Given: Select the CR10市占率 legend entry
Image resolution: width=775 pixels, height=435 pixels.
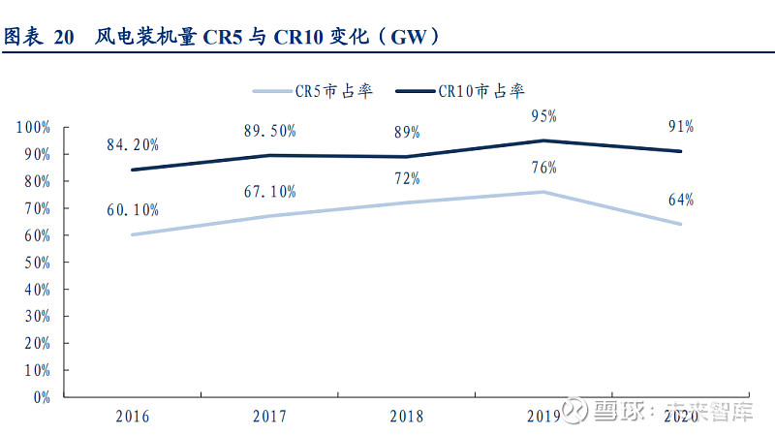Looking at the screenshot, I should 481,91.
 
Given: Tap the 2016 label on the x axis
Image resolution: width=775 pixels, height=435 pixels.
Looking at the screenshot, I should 132,417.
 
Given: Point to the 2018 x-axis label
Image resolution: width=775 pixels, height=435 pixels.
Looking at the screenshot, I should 406,417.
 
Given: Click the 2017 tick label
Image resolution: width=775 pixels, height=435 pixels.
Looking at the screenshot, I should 269,417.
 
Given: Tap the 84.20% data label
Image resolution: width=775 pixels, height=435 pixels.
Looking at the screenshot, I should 132,144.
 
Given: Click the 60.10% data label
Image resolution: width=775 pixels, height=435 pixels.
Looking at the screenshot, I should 132,209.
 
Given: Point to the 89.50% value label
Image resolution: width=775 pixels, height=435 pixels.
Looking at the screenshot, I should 269,131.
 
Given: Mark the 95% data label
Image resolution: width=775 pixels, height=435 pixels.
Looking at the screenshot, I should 543,116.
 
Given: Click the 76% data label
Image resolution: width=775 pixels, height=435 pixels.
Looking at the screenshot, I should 543,168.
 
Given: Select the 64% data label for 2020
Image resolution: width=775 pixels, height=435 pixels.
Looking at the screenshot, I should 680,200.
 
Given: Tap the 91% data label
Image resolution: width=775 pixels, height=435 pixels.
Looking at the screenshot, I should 680,127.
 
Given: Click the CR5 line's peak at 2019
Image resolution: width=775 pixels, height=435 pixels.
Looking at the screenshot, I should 543,192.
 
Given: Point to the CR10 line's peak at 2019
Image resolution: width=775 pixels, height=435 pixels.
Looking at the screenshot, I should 543,140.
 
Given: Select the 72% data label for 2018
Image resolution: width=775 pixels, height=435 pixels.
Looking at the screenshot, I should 406,178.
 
